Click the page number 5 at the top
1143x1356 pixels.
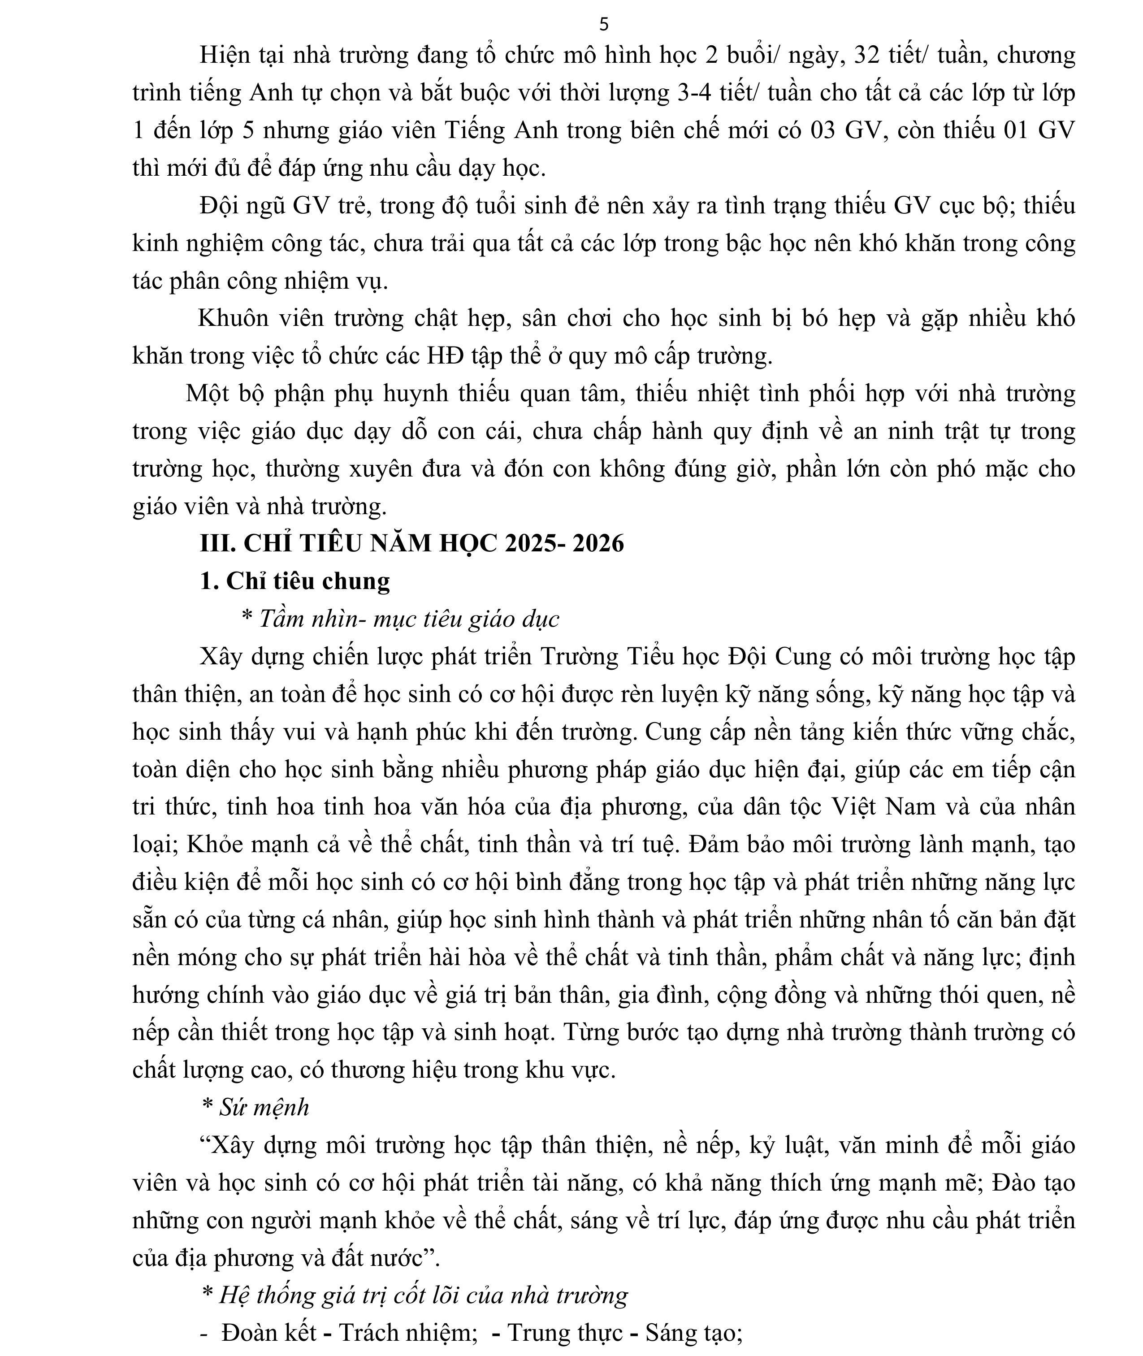click(604, 25)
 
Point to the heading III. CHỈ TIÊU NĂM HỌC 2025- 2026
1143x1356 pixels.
click(411, 543)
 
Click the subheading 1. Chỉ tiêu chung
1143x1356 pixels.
click(295, 581)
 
